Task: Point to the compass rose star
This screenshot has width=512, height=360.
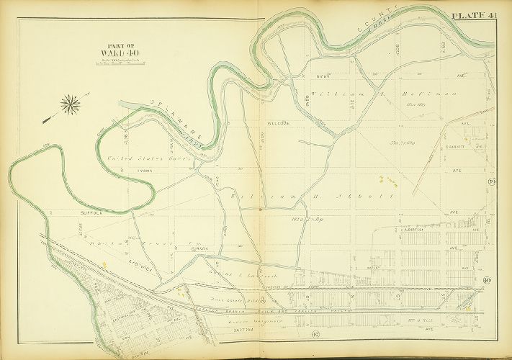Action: tap(71, 105)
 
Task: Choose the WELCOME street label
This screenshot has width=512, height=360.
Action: tap(278, 123)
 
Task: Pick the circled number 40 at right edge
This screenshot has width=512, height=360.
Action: tap(487, 281)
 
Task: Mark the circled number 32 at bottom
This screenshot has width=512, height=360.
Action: tap(295, 333)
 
